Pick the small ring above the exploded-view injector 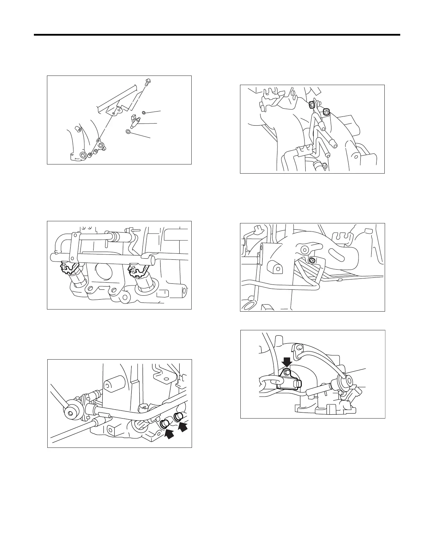144,113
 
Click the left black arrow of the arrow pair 169,434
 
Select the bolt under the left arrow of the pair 164,423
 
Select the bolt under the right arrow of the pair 178,416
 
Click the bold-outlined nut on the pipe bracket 312,104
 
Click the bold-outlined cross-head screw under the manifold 311,260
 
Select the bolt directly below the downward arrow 287,372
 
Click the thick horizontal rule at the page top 217,35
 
